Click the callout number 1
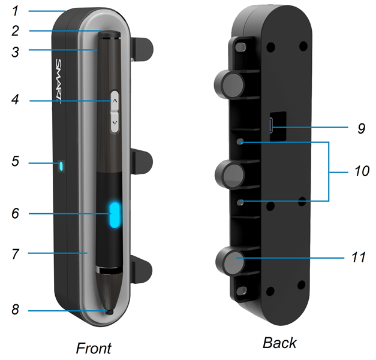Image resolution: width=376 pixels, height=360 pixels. point(16,11)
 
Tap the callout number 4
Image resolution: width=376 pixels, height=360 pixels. point(15,99)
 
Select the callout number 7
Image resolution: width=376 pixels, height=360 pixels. point(16,253)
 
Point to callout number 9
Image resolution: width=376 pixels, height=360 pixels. point(362,128)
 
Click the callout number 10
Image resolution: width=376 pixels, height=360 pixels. point(362,171)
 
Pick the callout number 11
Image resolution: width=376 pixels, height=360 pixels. point(359,257)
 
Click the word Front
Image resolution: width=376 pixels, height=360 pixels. point(94,348)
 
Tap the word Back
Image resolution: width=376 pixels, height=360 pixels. point(279,343)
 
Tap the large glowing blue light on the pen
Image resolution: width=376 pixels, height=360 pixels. point(115,215)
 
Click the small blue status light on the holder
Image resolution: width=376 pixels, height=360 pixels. point(61,167)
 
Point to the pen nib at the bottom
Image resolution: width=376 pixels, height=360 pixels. point(110,312)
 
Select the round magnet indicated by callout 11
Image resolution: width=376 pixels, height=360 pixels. point(231,261)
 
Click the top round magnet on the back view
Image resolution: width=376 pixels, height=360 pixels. point(230,84)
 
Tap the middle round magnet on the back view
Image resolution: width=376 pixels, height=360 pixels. point(230,174)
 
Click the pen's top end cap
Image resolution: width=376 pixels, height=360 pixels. point(109,35)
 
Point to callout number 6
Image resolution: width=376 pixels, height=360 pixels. point(16,213)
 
